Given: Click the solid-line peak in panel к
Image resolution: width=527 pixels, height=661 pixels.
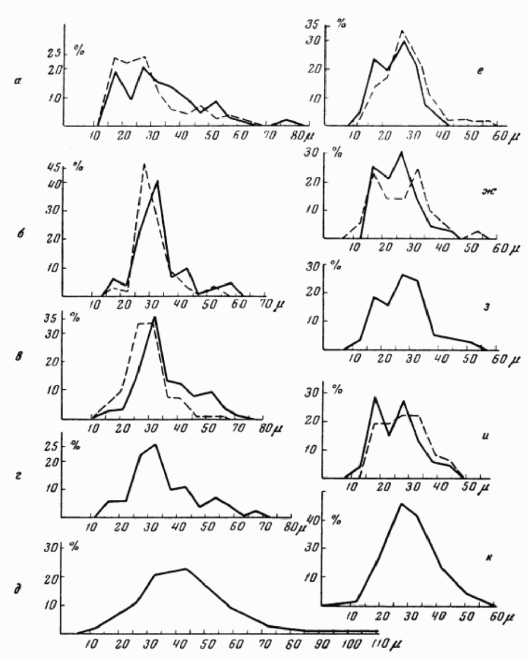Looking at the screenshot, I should click(x=401, y=503).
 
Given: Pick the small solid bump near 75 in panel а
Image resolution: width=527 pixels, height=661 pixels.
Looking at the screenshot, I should click(x=287, y=120).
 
